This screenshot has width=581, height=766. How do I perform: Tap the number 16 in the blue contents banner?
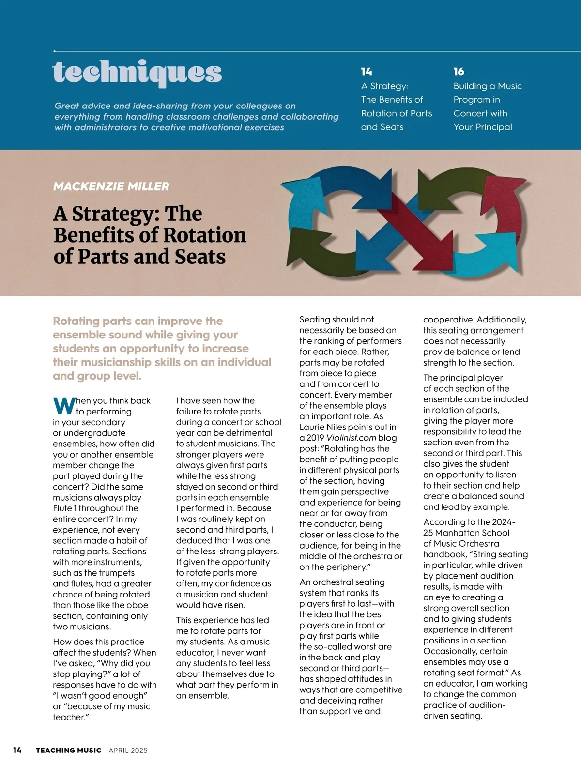coord(459,72)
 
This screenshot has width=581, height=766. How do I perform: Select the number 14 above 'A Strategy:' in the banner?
coord(367,72)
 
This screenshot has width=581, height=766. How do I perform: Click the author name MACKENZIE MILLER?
coord(111,186)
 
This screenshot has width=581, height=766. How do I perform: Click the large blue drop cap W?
coord(63,406)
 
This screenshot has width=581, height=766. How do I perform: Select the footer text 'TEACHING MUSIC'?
coord(68,751)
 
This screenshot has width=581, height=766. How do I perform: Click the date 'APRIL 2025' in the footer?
coord(128,751)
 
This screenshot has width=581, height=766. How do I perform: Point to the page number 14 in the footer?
coord(17,750)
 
